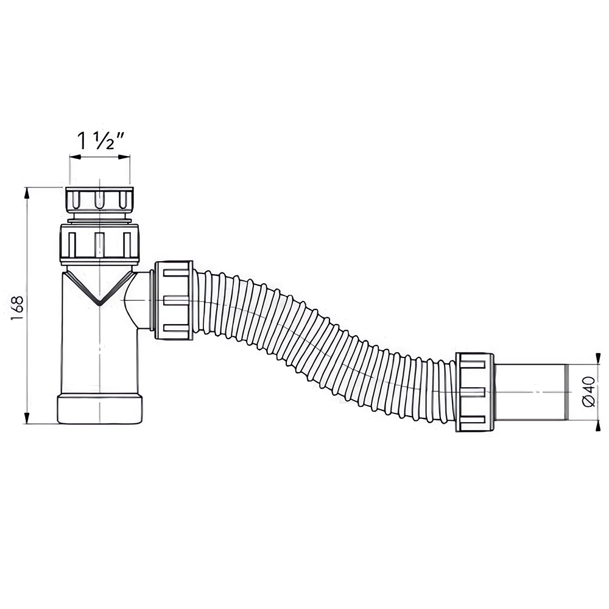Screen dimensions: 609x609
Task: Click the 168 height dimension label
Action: [x=18, y=308]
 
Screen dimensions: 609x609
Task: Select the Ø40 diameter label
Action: [x=589, y=391]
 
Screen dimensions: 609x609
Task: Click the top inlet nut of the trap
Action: [x=100, y=199]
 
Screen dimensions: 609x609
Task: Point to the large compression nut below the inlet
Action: [x=99, y=244]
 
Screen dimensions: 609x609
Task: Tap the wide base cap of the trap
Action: [x=101, y=409]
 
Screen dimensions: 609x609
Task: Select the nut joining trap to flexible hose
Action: [x=173, y=301]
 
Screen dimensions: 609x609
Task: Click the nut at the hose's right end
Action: [x=474, y=392]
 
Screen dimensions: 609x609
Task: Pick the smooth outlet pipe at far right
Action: [x=533, y=392]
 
